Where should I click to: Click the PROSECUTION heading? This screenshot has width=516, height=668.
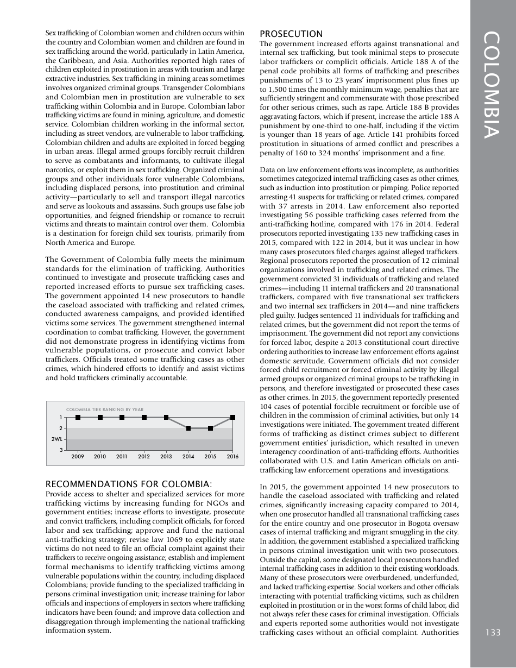291,34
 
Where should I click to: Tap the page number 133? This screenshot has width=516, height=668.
493,632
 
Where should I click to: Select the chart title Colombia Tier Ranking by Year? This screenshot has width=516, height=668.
104,409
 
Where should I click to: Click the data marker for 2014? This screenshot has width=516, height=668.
188,428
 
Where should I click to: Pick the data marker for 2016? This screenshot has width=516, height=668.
232,417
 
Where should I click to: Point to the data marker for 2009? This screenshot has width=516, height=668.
78,417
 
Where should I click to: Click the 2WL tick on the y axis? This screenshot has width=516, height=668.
56,439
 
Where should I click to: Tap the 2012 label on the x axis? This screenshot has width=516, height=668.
144,457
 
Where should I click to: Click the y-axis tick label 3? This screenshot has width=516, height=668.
61,450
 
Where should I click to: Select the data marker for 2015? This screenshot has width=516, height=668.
210,428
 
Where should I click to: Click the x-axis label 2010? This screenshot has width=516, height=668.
100,457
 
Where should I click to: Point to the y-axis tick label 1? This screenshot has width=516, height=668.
61,417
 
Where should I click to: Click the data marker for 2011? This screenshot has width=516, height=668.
122,417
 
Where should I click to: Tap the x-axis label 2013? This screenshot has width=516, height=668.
166,457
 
